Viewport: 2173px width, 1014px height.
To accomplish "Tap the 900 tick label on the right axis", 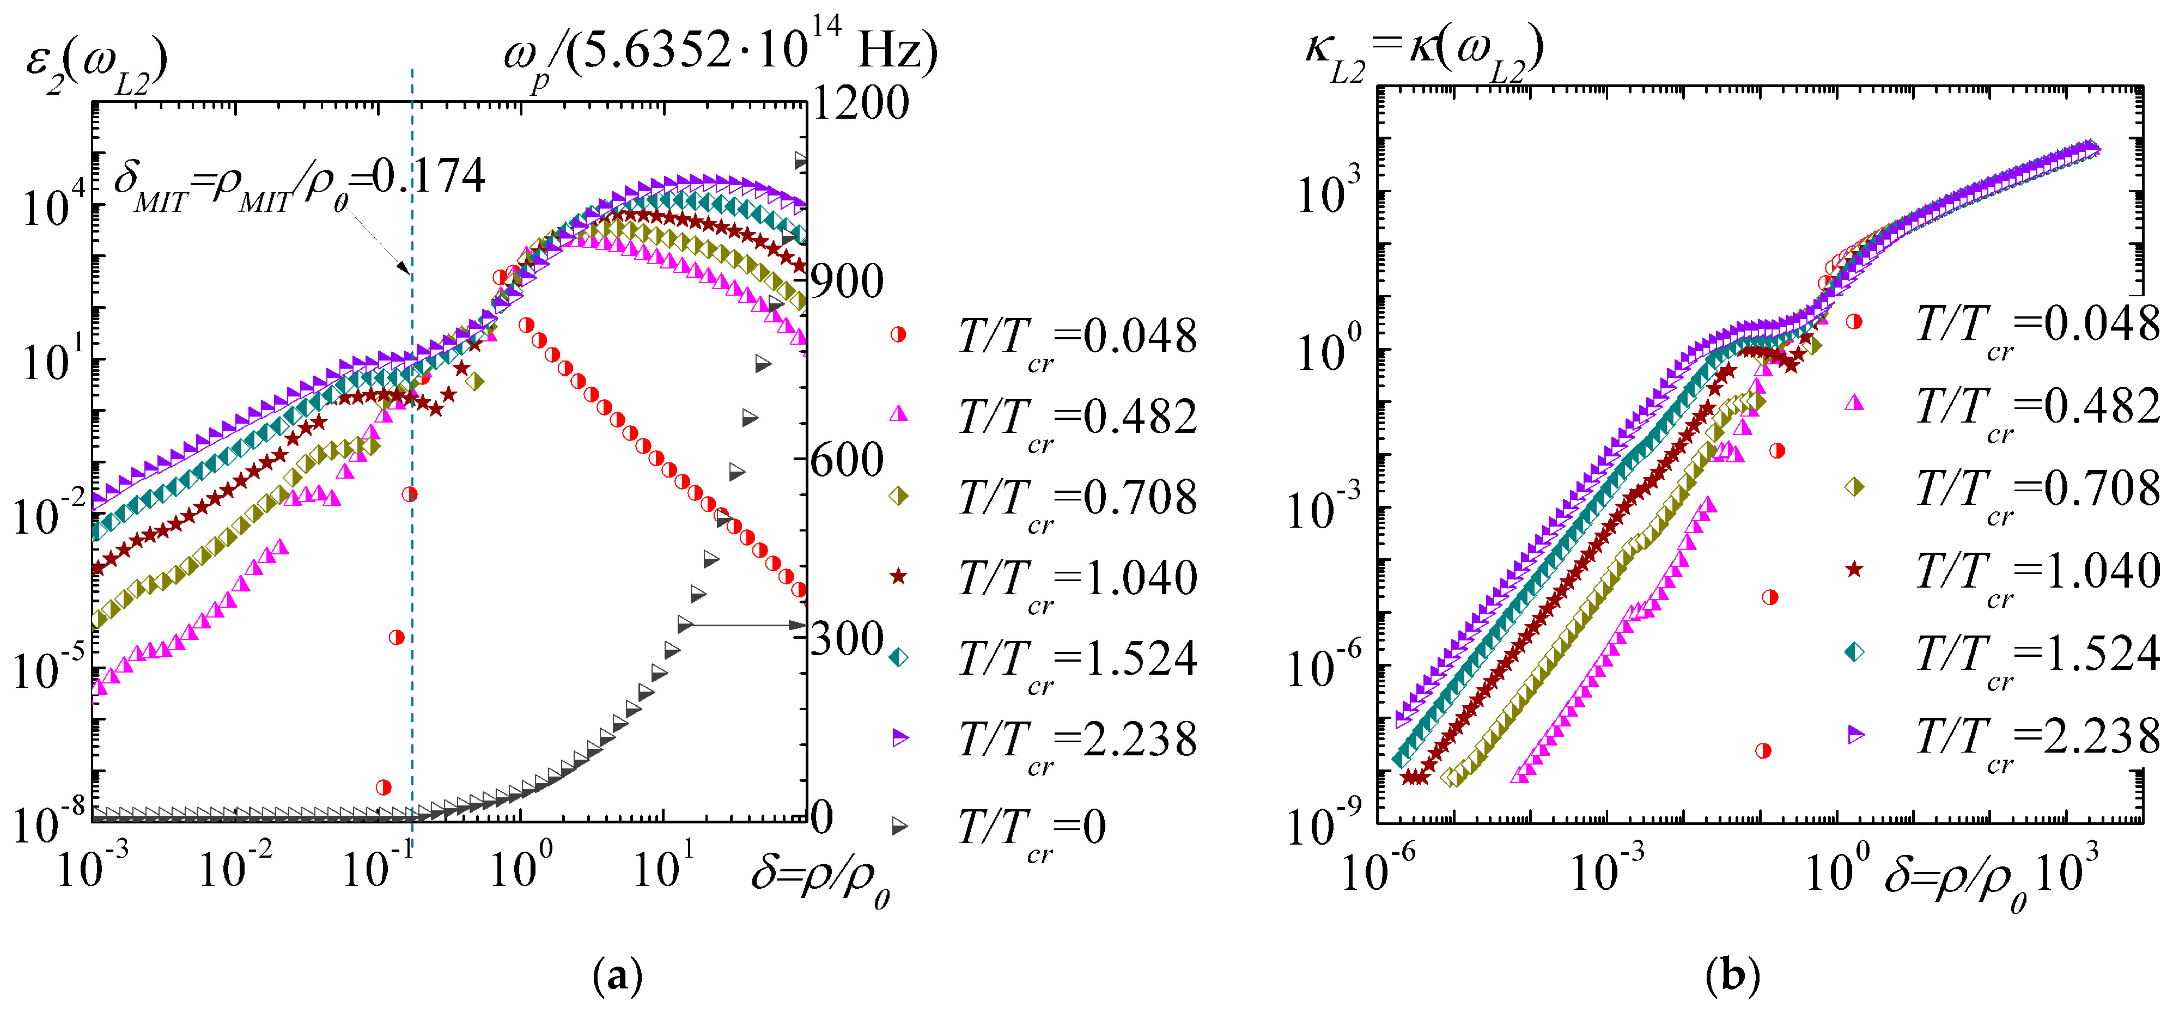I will (846, 282).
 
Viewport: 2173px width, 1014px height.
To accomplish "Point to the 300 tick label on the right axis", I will (846, 639).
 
